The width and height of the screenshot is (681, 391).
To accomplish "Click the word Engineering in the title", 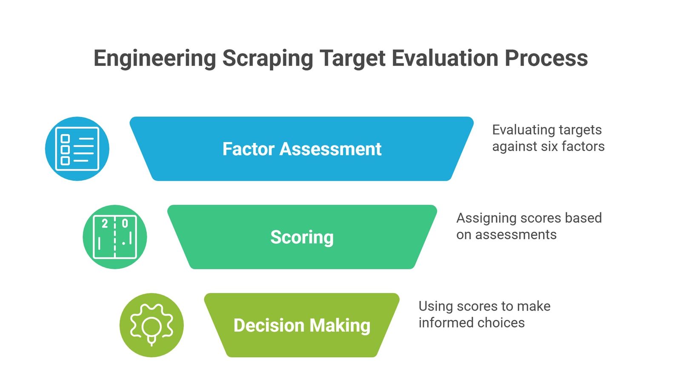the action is point(155,58).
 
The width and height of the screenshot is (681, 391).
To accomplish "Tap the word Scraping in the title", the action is point(268,58).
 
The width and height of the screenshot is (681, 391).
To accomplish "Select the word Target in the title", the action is point(352,58).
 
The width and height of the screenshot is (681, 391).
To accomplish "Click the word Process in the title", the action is point(547,58).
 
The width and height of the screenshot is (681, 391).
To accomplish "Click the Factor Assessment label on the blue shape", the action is point(302,149).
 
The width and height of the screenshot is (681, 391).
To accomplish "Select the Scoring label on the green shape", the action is point(302,237).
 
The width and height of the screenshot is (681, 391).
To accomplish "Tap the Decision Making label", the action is point(302,325).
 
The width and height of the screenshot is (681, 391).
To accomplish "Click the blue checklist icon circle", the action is point(77,149).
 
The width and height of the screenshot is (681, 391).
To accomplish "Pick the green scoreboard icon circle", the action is point(115,237).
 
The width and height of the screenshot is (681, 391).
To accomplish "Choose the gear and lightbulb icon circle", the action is point(152,325).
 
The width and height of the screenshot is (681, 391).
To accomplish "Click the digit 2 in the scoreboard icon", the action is point(105,224).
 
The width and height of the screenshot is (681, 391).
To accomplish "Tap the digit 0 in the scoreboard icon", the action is point(125,224).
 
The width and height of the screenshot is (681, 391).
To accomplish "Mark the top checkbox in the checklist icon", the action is point(66,139).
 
